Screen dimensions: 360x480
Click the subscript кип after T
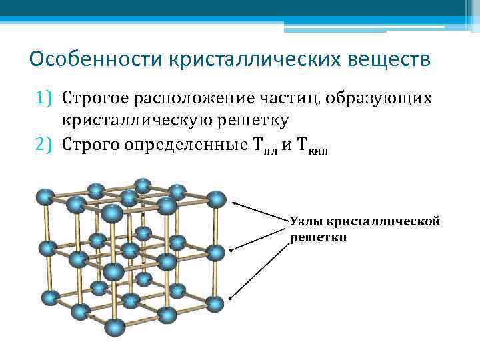(317, 149)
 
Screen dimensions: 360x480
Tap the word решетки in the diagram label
(318, 237)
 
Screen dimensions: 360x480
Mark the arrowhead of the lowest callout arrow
(231, 301)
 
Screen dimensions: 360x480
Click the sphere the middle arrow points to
(215, 253)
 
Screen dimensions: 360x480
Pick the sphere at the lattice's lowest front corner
(115, 327)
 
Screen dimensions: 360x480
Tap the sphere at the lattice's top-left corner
(45, 197)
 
